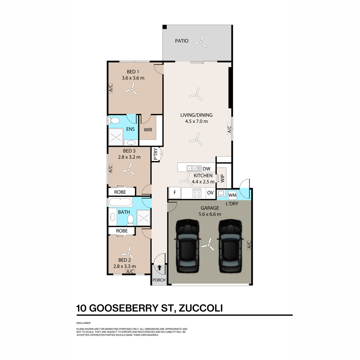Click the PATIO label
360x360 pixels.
(x=181, y=41)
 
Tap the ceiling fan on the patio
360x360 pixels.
(x=200, y=42)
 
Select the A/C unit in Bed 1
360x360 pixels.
(x=111, y=88)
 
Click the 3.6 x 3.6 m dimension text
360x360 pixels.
(x=133, y=78)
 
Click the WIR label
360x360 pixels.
(x=148, y=130)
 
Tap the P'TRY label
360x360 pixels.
(x=155, y=154)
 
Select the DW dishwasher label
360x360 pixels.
(x=206, y=169)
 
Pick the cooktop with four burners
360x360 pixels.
(x=197, y=193)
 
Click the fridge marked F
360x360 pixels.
(x=175, y=193)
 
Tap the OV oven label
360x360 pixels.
(x=210, y=193)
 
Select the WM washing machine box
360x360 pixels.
(x=232, y=195)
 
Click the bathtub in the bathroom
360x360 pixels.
(x=120, y=202)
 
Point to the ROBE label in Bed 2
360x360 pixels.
(x=122, y=231)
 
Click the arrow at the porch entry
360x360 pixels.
(x=159, y=268)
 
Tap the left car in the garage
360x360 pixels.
(x=187, y=246)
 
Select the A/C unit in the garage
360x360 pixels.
(x=249, y=245)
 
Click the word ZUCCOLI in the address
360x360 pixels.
(x=201, y=308)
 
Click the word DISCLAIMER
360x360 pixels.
(x=83, y=323)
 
